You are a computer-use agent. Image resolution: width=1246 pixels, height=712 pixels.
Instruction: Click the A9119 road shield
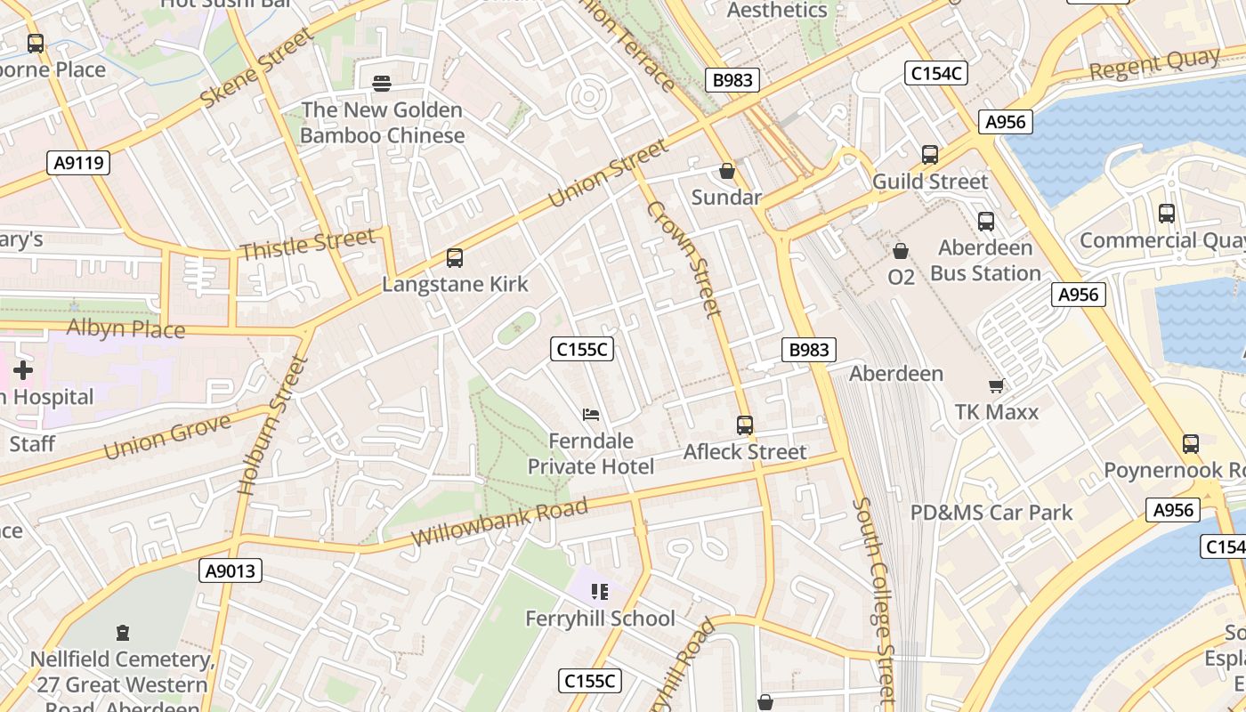tap(78, 163)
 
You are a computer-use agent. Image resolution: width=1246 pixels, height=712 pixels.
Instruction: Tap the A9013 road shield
tap(231, 571)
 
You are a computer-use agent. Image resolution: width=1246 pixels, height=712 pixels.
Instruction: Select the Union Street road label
tap(607, 174)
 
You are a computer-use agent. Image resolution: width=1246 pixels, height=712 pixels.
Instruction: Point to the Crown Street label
tap(684, 259)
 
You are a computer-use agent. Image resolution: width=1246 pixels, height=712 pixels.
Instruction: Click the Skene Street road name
tap(258, 68)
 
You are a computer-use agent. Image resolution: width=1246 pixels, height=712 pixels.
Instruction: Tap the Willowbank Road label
tap(499, 523)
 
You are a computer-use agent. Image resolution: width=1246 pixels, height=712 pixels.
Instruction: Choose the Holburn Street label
tap(272, 425)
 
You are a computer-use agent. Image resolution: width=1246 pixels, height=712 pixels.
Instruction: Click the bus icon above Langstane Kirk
tap(455, 258)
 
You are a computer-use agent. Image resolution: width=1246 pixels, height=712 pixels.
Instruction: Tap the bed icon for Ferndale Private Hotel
tap(591, 415)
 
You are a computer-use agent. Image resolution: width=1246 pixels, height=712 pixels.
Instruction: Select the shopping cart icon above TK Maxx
tap(997, 385)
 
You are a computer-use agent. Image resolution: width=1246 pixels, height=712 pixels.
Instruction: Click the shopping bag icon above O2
tap(901, 251)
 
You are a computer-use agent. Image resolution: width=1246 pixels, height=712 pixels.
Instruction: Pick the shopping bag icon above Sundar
tap(727, 171)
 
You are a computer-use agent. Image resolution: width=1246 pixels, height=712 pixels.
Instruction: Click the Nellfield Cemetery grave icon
tap(123, 633)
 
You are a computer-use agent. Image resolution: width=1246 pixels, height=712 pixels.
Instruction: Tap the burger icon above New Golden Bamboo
tap(382, 84)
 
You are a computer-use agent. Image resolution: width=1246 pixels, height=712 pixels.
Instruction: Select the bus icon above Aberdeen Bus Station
tap(986, 222)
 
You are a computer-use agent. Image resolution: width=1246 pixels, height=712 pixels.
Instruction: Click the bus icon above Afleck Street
tap(745, 425)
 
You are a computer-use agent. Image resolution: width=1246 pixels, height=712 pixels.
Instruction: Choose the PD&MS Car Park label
tap(991, 513)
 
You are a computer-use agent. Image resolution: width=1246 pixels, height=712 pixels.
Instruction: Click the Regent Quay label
tap(1154, 64)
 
